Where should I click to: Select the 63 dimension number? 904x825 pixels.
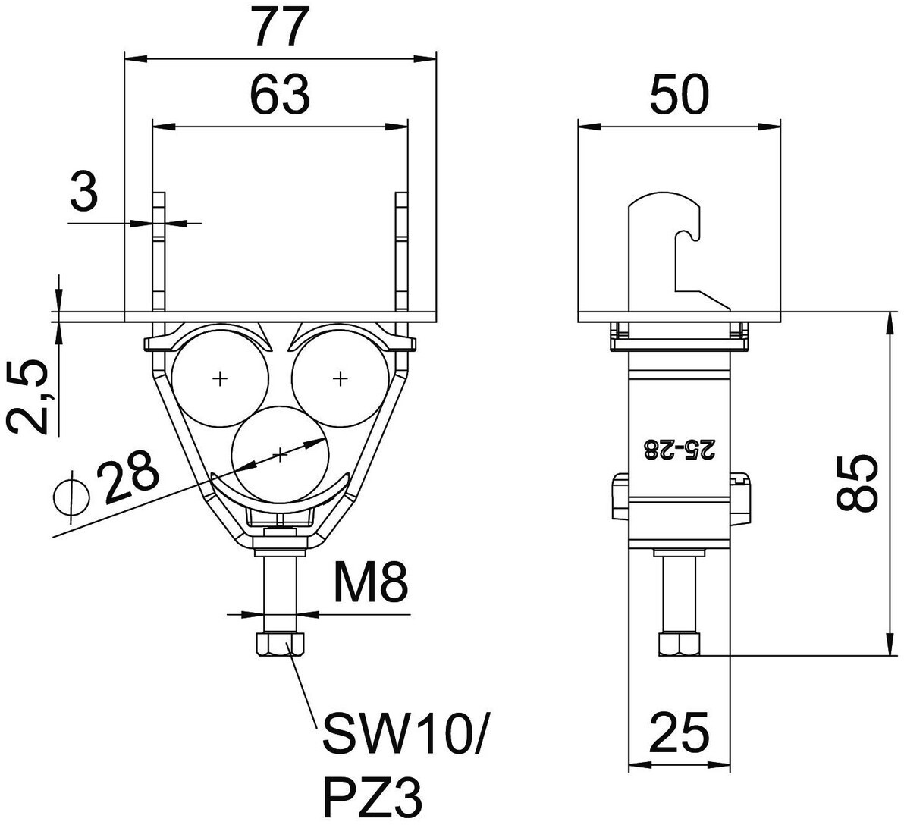click(280, 94)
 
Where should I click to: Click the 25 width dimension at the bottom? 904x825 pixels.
click(680, 732)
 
